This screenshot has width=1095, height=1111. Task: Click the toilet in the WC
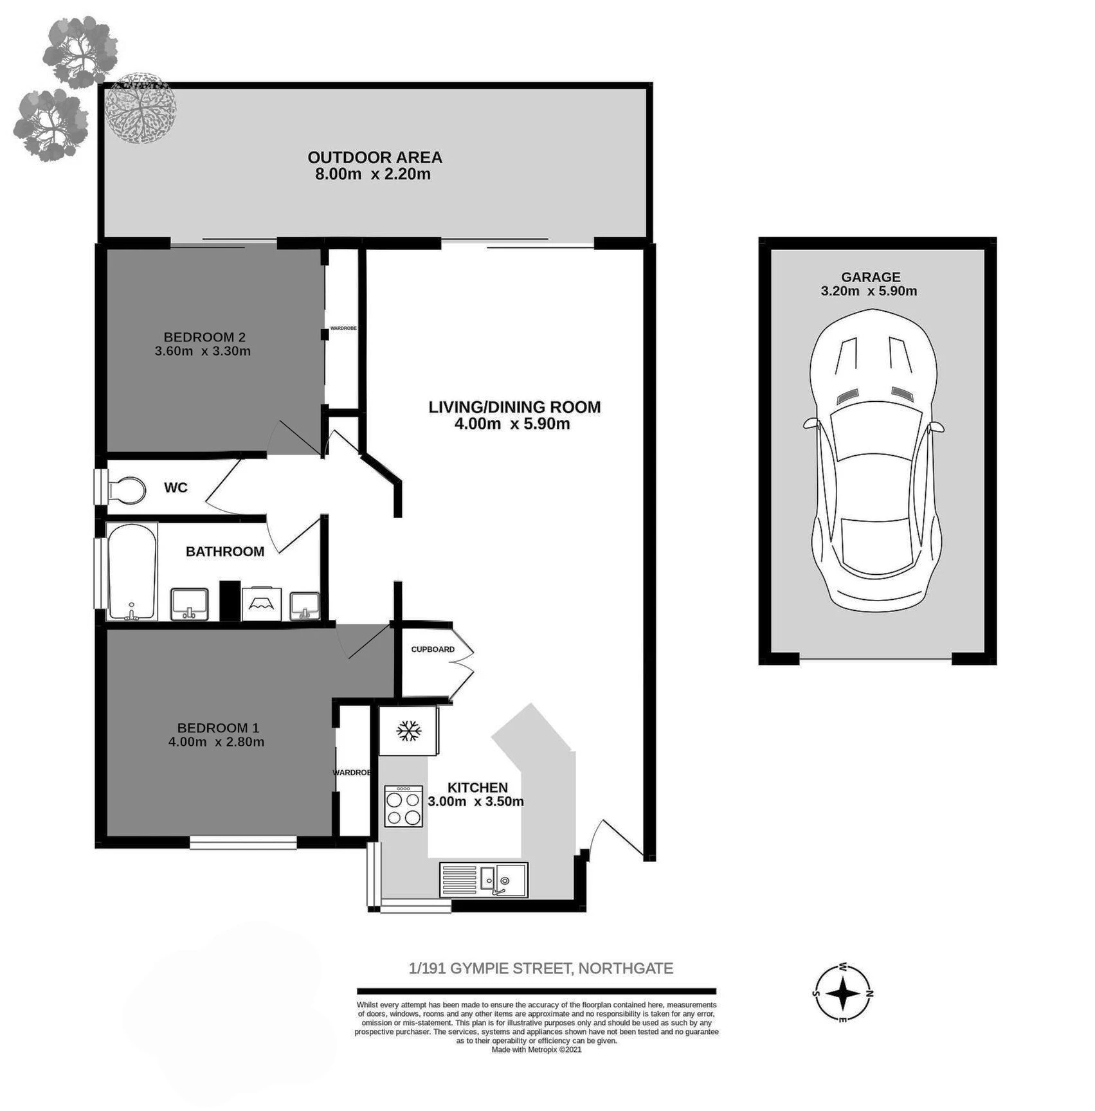pos(126,489)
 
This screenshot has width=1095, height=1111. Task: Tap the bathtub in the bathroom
pos(132,572)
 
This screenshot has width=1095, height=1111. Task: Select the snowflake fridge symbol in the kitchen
pos(408,730)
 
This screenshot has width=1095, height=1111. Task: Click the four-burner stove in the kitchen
pos(404,806)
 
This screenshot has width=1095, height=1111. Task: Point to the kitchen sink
pos(484,880)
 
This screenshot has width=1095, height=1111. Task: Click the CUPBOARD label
pos(433,649)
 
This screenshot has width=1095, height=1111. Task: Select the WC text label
pos(176,487)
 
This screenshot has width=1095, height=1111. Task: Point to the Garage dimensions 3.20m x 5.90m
pos(869,291)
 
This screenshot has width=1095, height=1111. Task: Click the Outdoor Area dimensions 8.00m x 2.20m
pos(373,174)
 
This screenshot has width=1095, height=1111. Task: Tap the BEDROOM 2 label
pos(204,337)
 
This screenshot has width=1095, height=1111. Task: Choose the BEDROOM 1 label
pos(218,728)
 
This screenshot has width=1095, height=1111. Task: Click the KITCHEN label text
pos(478,788)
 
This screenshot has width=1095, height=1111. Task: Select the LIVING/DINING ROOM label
pos(514,407)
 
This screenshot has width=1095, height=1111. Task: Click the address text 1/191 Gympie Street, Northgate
pos(541,968)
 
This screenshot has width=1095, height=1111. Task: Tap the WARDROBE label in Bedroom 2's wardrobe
pos(343,329)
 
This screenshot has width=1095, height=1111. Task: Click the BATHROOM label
pos(225,552)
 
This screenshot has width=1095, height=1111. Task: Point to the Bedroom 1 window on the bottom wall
pos(243,842)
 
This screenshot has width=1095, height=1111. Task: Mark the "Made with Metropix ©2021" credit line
pos(536,1050)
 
